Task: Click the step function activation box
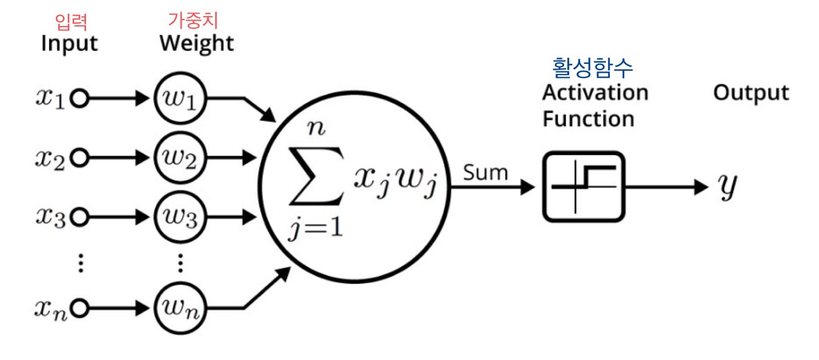584,186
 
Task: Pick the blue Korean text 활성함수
593,67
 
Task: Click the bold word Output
751,93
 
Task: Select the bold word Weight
196,43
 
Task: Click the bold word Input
69,43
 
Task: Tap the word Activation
594,93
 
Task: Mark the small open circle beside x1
81,100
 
